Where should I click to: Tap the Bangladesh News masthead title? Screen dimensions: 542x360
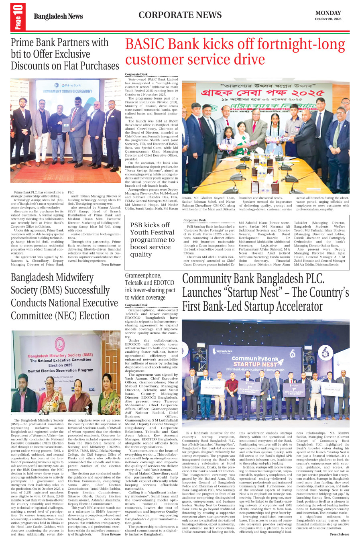pyautogui.click(x=58, y=16)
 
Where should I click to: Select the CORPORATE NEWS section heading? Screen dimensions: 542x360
pyautogui.click(x=180, y=15)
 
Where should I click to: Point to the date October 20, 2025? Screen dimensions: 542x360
pyautogui.click(x=328, y=19)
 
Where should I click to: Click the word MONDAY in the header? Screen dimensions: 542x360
pyautogui.click(x=328, y=13)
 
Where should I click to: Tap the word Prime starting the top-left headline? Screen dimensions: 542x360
pyautogui.click(x=22, y=43)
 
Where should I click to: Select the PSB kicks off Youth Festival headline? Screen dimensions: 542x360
pyautogui.click(x=152, y=239)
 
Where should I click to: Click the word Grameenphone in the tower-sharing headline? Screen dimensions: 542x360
pyautogui.click(x=143, y=275)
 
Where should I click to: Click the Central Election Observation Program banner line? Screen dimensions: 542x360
pyautogui.click(x=60, y=371)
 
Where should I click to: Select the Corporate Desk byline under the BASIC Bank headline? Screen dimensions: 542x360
pyautogui.click(x=136, y=74)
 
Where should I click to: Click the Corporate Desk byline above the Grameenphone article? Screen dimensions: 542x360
pyautogui.click(x=136, y=305)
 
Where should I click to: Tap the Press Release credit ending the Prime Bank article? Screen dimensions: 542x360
pyautogui.click(x=111, y=265)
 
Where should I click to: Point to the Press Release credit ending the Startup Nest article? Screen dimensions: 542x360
pyautogui.click(x=340, y=534)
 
